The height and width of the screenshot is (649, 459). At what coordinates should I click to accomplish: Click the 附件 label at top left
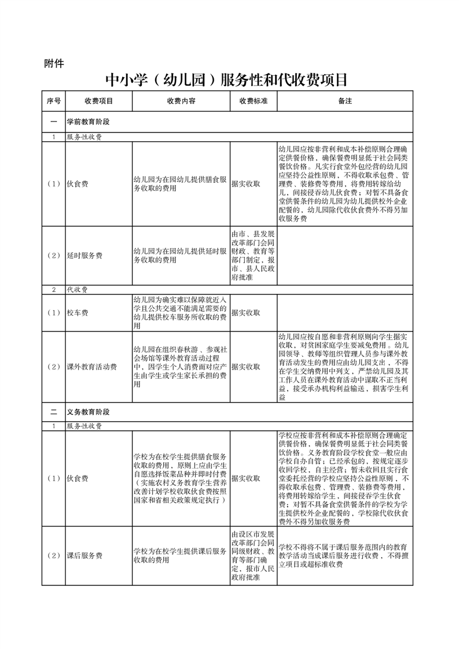tap(54, 63)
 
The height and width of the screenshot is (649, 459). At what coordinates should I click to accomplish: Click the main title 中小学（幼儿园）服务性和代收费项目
tap(229, 79)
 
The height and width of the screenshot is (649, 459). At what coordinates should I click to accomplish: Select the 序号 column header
tap(53, 101)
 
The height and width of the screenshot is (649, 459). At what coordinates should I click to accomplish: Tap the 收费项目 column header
tap(98, 101)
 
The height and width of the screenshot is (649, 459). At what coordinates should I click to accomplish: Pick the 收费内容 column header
tap(181, 101)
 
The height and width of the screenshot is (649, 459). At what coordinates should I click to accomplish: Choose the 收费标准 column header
tap(253, 101)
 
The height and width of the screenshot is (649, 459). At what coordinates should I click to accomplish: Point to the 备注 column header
tap(345, 101)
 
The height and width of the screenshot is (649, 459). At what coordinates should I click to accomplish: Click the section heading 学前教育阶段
tap(88, 122)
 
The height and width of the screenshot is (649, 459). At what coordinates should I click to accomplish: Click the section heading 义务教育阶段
tap(88, 412)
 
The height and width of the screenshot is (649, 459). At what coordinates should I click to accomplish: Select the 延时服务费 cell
tap(85, 255)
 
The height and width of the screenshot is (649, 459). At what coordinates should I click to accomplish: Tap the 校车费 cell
tap(78, 313)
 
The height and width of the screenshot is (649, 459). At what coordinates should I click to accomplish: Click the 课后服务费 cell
tap(85, 556)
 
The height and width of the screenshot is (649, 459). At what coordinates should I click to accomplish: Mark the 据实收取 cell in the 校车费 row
tap(245, 313)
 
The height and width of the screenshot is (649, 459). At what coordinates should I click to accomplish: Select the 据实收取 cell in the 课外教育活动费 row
tap(245, 367)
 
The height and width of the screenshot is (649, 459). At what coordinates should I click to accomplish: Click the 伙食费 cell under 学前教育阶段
tap(78, 184)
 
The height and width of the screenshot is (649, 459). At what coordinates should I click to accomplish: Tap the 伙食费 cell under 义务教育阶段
tap(78, 478)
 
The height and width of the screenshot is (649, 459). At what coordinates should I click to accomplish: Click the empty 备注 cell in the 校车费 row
tap(345, 313)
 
